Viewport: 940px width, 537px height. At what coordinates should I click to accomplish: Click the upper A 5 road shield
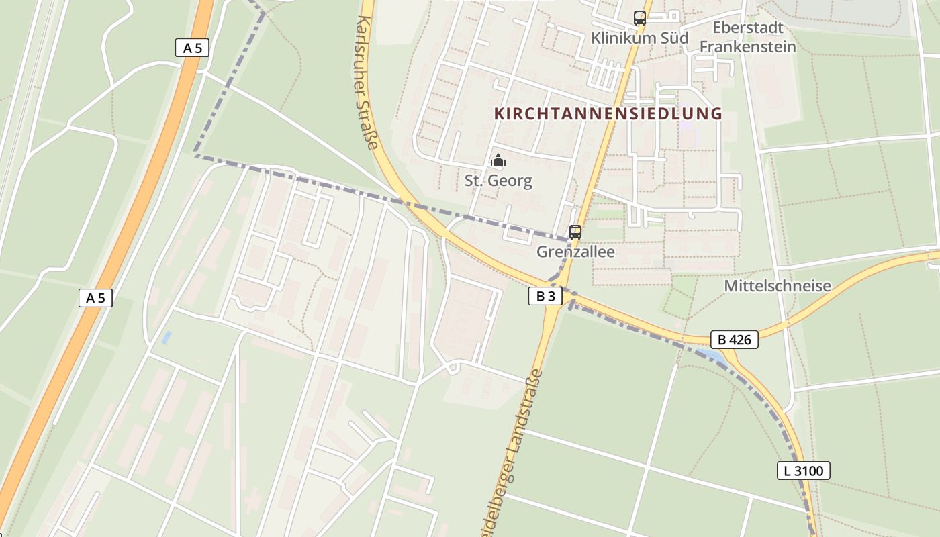click(x=192, y=48)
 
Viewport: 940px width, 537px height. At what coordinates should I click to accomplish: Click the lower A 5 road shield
click(x=95, y=298)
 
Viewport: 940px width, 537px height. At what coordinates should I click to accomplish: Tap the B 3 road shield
click(x=545, y=296)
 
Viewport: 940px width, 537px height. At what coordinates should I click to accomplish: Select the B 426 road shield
click(x=734, y=340)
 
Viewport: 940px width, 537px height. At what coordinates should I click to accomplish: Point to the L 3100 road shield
click(x=804, y=471)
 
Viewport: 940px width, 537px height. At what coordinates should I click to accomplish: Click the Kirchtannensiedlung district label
click(x=608, y=113)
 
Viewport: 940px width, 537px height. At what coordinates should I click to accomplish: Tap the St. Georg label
click(x=498, y=181)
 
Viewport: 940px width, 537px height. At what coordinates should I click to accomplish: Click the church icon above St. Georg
click(x=498, y=160)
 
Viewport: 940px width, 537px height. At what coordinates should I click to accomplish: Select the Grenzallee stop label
click(x=575, y=252)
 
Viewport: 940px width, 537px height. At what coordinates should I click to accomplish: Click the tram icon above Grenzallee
click(x=575, y=232)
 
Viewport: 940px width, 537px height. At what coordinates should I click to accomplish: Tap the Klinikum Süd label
click(x=639, y=38)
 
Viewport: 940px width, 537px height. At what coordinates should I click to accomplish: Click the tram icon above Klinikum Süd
click(x=640, y=18)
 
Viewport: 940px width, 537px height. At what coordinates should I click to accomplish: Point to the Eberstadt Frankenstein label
click(x=748, y=37)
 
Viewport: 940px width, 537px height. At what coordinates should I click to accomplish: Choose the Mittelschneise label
click(x=778, y=286)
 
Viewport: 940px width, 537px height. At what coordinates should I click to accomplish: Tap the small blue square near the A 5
click(x=167, y=337)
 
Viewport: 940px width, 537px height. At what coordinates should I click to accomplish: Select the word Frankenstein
click(x=748, y=47)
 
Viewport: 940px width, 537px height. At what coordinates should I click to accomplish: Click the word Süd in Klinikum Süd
click(x=673, y=38)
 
